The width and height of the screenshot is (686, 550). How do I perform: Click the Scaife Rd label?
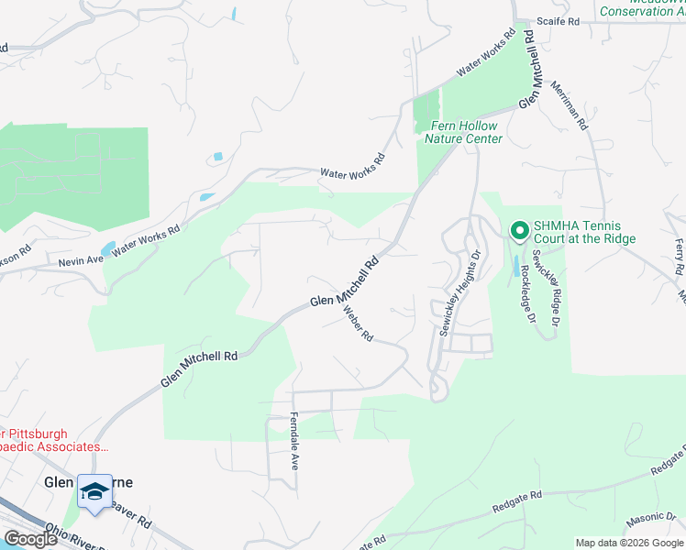559,20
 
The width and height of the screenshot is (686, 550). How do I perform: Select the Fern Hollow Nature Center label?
463,132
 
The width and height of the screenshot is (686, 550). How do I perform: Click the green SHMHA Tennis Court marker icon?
518,231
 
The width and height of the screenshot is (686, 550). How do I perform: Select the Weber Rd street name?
359,324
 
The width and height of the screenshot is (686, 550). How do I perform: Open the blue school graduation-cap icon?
94,492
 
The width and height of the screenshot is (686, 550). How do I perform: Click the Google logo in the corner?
29,539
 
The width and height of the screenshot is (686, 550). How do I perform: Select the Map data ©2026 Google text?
629,543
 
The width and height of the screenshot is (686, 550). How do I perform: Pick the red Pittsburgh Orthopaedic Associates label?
55,440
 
